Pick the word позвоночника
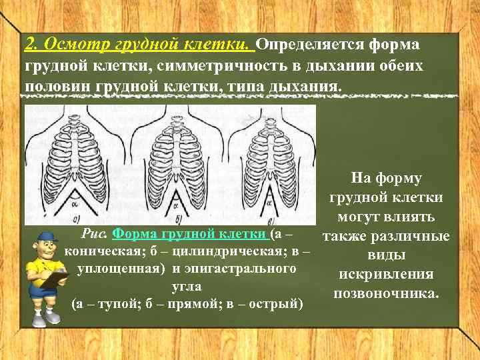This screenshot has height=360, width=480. (386, 293)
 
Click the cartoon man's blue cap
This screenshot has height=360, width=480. (46, 237)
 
